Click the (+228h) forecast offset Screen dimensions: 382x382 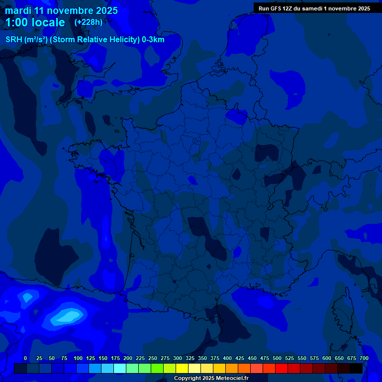pyautogui.click(x=88, y=22)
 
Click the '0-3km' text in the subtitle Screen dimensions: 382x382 pyautogui.click(x=153, y=40)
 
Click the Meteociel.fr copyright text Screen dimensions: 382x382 pyautogui.click(x=211, y=378)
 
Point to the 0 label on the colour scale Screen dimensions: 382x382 pyautogui.click(x=25, y=358)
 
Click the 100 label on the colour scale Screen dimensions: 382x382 pyautogui.click(x=78, y=358)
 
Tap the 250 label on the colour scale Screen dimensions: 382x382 pyautogui.click(x=153, y=358)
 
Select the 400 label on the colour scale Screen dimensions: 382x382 pyautogui.click(x=227, y=358)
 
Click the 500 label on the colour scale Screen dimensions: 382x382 pyautogui.click(x=277, y=358)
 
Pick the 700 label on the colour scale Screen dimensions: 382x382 pyautogui.click(x=364, y=358)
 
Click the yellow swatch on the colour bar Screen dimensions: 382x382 pyautogui.click(x=182, y=369)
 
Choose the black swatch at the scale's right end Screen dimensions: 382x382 pyautogui.click(x=356, y=369)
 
